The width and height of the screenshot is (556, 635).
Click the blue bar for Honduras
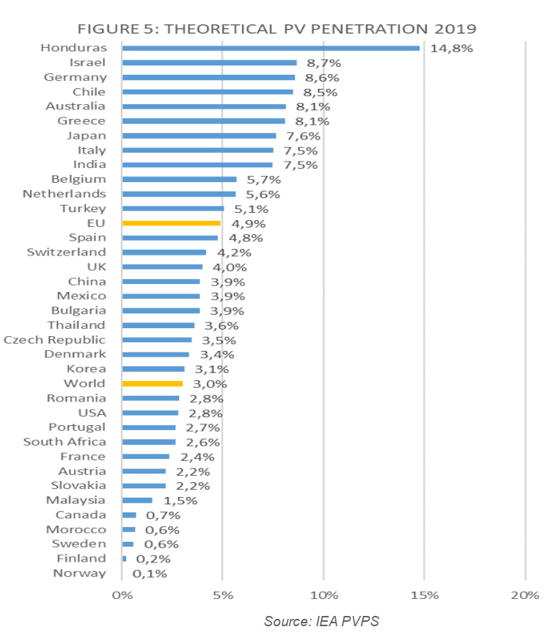271,48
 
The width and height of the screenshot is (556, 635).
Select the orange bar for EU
171,222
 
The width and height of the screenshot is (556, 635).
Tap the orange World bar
152,383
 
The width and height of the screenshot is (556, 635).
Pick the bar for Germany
208,77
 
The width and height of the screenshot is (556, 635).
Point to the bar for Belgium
179,179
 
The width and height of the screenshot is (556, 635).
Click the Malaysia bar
137,500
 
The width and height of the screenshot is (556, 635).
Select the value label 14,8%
452,48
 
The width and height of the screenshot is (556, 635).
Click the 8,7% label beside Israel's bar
324,63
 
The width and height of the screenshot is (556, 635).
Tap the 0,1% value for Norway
151,573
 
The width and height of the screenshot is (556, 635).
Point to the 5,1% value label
252,208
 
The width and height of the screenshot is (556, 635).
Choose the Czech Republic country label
55,339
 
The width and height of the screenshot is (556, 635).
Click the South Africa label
65,441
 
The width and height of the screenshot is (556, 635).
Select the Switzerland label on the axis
66,252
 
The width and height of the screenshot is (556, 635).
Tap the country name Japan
87,135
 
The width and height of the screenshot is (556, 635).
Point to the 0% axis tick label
122,594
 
